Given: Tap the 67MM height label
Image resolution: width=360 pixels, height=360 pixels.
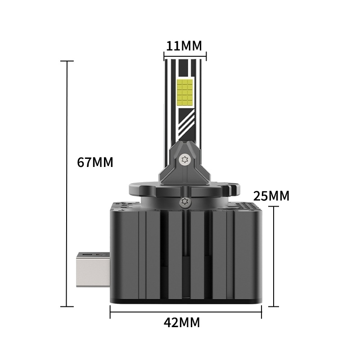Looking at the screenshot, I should pyautogui.click(x=95, y=162).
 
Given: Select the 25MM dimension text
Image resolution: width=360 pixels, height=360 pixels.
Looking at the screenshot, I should pyautogui.click(x=271, y=196).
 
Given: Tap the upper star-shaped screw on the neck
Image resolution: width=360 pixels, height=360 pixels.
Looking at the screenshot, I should pyautogui.click(x=183, y=159).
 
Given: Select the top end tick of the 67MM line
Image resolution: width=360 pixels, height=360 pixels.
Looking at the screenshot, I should pyautogui.click(x=67, y=61).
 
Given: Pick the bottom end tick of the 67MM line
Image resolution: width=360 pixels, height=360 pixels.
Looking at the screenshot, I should pyautogui.click(x=67, y=306).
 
